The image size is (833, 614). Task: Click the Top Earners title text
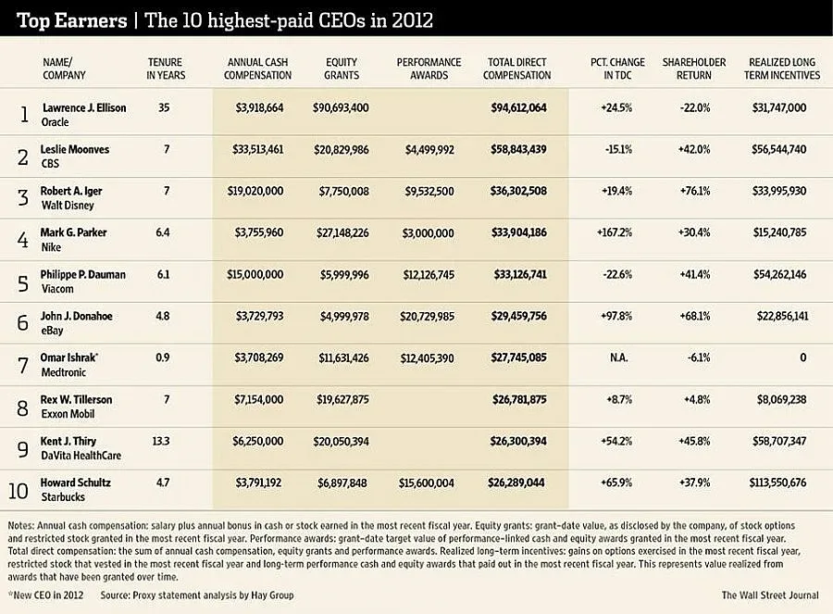(x=63, y=19)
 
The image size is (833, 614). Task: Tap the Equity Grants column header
(x=342, y=69)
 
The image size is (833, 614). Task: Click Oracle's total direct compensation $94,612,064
(x=517, y=108)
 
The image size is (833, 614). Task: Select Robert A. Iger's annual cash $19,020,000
(x=258, y=191)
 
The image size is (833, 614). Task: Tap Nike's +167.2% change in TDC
(x=614, y=232)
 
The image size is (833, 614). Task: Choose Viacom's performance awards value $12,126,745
(x=429, y=274)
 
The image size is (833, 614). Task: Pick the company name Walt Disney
(x=68, y=205)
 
